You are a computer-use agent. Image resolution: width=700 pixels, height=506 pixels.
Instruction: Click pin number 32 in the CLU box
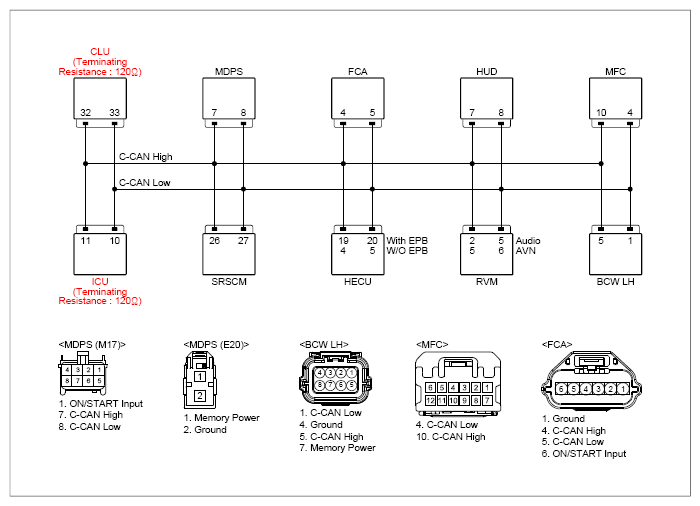tap(86, 113)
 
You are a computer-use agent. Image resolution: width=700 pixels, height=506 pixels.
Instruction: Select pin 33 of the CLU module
tap(115, 113)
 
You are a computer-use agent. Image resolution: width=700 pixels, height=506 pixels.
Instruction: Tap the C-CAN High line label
tap(146, 157)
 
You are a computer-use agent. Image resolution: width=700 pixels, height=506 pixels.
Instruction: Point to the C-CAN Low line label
tap(145, 183)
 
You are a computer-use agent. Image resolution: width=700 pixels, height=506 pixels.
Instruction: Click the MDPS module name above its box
tap(229, 71)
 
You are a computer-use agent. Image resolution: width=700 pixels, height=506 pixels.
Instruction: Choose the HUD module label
tap(487, 71)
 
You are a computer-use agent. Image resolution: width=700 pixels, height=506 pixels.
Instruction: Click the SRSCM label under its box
tap(229, 282)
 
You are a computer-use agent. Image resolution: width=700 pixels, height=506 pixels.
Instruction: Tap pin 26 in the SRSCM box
tap(215, 241)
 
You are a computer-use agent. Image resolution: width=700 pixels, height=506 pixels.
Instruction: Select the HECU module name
tap(358, 282)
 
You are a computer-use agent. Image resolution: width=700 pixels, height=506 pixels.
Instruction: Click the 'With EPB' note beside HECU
tap(407, 241)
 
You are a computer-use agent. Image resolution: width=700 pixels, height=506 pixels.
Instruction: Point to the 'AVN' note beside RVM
tap(526, 251)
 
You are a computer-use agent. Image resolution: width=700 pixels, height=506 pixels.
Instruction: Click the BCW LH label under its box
tap(616, 282)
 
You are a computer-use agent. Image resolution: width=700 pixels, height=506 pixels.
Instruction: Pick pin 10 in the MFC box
tap(601, 113)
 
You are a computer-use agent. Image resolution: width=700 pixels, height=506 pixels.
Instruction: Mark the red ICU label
tap(100, 282)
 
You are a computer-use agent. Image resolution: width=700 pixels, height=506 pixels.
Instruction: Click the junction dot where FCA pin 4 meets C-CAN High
tap(343, 164)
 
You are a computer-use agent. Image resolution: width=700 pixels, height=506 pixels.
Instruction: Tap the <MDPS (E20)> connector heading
tap(216, 345)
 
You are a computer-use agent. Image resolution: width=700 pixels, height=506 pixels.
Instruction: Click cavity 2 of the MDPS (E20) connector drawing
tap(200, 396)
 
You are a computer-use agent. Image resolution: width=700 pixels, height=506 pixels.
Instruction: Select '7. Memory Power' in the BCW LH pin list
tap(338, 448)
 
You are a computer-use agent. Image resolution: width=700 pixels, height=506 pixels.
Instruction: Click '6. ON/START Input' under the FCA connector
tap(584, 454)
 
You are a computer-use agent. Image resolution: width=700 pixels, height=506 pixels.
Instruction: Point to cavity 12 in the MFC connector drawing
tap(430, 401)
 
